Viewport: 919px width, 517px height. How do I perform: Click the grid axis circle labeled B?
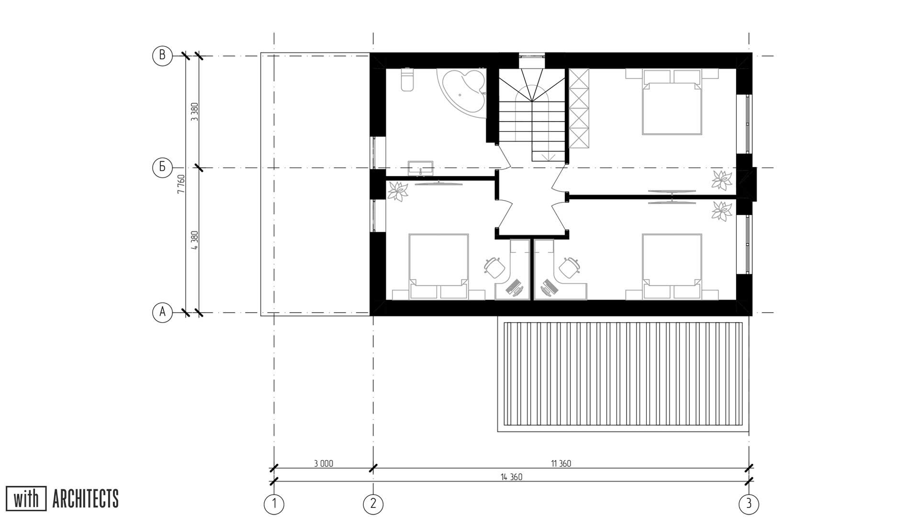pos(162,56)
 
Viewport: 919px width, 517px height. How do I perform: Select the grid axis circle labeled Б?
pos(162,168)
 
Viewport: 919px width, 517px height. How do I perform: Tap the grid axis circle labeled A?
pos(162,313)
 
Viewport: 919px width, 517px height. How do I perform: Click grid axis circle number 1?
pos(274,504)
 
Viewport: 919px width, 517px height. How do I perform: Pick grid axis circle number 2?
pos(373,504)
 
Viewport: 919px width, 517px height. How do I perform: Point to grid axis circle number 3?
pos(749,504)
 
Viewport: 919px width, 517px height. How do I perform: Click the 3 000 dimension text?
pos(324,463)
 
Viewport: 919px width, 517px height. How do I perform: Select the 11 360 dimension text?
pos(561,463)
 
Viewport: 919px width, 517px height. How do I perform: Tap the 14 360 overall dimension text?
pos(512,477)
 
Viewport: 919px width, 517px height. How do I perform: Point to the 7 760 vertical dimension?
pos(181,184)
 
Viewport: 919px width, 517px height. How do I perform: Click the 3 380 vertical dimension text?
pos(194,112)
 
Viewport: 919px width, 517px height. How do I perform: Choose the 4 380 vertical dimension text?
pos(194,240)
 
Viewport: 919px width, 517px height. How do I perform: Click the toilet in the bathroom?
pos(407,79)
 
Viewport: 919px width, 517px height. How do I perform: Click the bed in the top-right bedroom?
pos(672,102)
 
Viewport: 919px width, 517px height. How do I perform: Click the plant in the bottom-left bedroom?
pos(397,191)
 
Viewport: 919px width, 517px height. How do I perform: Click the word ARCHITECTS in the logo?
pos(85,499)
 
